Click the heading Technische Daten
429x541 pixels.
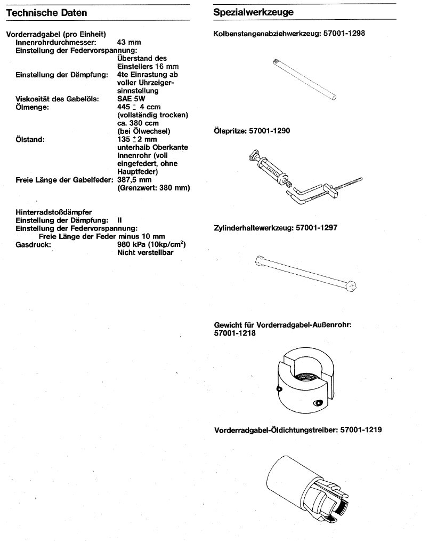pos(47,12)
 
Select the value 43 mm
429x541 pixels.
pos(128,41)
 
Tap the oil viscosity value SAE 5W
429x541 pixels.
pos(130,99)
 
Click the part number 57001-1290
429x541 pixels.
pos(273,130)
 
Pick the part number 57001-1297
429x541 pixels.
pos(315,228)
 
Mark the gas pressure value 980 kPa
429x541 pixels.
pos(133,245)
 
